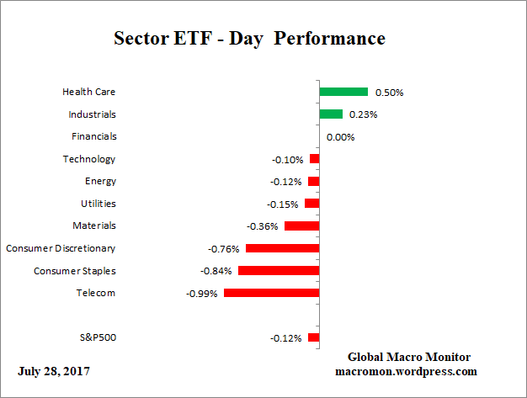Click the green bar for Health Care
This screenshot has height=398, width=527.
(x=343, y=92)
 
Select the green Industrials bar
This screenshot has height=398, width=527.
(x=331, y=114)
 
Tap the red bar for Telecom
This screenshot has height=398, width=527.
(x=271, y=293)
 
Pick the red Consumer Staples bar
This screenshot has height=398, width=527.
(x=279, y=271)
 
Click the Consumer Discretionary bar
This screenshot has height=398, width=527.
(x=282, y=248)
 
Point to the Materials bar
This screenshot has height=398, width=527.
(x=301, y=226)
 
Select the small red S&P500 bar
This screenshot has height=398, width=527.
(x=314, y=337)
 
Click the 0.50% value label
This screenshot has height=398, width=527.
(x=388, y=93)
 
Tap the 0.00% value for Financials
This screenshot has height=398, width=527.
(x=341, y=137)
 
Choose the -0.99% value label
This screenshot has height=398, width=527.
(x=202, y=294)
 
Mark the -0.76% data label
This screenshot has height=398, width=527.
(x=224, y=249)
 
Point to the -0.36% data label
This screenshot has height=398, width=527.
(x=263, y=226)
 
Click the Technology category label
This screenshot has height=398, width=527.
(x=89, y=159)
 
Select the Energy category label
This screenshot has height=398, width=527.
(x=100, y=181)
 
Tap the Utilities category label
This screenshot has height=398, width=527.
(x=98, y=204)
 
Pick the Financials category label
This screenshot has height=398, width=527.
(x=94, y=136)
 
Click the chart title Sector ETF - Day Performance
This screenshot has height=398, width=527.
(x=249, y=39)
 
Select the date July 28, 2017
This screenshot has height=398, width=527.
(x=54, y=371)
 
